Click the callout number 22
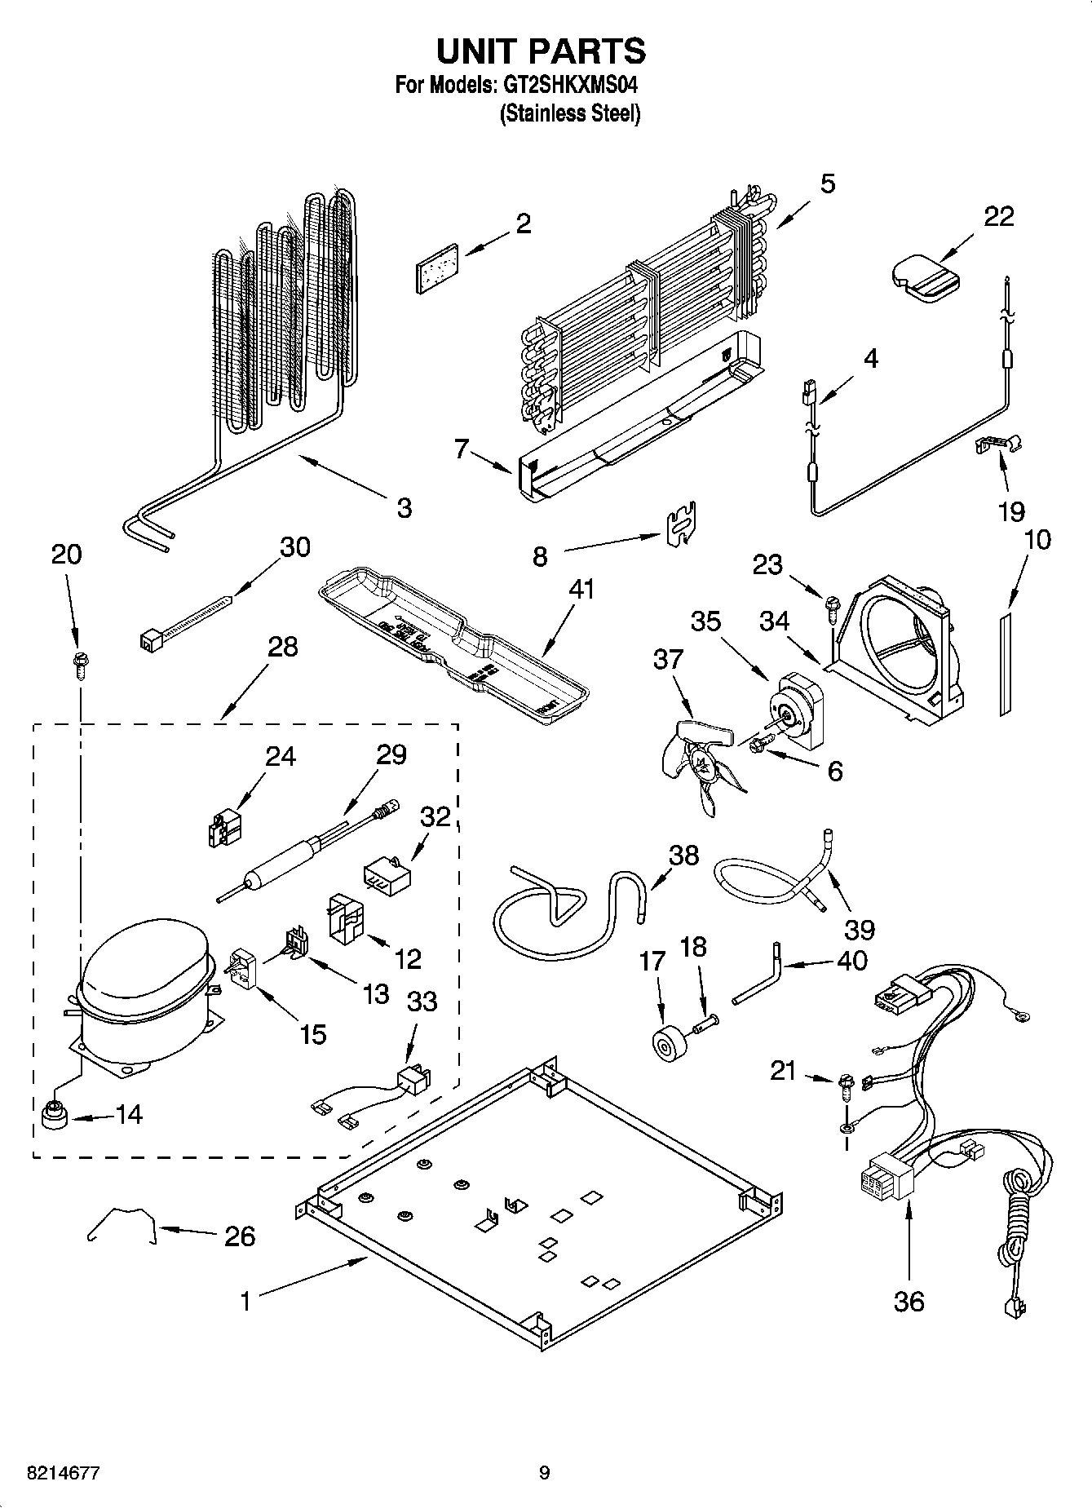point(998,217)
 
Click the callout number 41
point(582,589)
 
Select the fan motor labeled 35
point(795,710)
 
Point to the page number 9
point(544,1473)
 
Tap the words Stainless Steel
point(570,113)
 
